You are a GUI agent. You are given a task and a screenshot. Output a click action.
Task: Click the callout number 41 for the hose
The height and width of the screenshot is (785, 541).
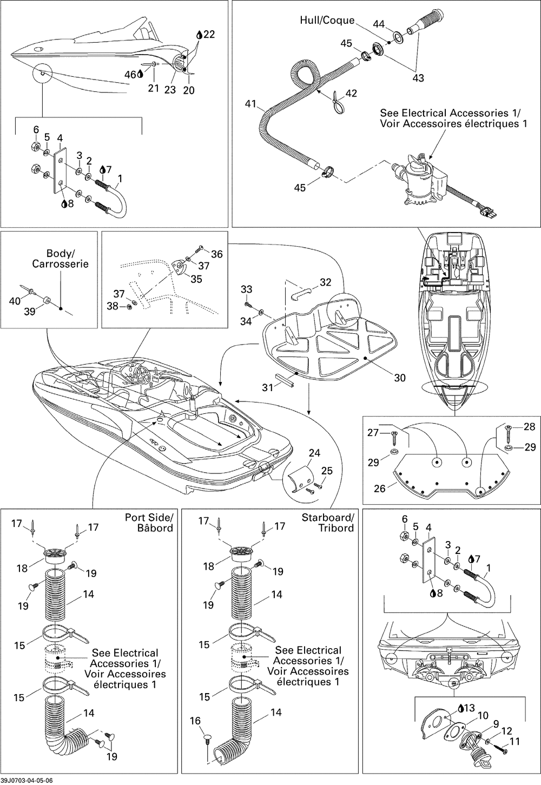point(250,104)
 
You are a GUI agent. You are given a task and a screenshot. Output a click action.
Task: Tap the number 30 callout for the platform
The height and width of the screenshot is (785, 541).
point(400,378)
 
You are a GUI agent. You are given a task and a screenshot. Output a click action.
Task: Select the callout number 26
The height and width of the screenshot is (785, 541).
point(380,488)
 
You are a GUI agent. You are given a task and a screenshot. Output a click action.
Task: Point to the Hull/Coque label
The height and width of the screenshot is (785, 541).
point(327,21)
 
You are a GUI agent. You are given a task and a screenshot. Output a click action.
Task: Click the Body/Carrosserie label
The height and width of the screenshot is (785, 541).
point(60,259)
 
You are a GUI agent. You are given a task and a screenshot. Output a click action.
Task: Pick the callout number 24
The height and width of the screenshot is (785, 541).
point(314,453)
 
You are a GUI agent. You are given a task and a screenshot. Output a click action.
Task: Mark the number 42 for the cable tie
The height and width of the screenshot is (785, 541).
point(351,93)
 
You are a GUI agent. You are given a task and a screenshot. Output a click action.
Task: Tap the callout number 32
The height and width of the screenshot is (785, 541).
point(326,282)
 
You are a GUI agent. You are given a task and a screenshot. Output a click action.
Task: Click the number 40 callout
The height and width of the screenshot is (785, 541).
point(15,301)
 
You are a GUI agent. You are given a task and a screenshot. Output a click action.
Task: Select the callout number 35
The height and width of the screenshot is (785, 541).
point(196,279)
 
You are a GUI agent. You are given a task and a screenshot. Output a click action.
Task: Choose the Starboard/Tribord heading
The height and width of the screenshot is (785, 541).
point(328,523)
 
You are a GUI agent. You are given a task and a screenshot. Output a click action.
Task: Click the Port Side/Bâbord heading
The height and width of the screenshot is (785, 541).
point(149,523)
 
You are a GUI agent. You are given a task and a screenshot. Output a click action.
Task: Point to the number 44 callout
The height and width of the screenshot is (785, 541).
point(379,24)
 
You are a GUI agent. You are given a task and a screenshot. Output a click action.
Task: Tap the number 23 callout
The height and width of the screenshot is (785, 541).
point(170,90)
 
